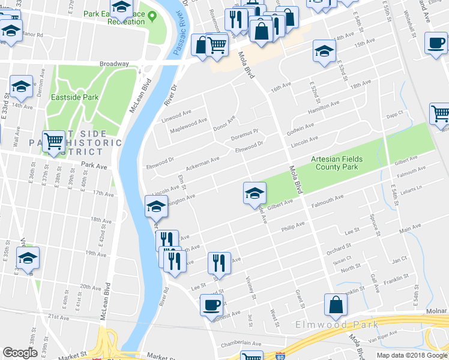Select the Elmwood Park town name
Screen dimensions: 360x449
tap(337, 325)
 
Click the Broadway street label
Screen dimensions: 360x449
tap(114, 64)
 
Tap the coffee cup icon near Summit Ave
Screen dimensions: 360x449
tap(211, 304)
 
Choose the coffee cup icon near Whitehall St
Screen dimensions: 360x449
tap(436, 43)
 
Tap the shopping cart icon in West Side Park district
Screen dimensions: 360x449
tap(53, 142)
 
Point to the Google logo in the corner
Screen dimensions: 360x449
tap(20, 353)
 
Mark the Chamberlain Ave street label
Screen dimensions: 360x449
tap(241, 343)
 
